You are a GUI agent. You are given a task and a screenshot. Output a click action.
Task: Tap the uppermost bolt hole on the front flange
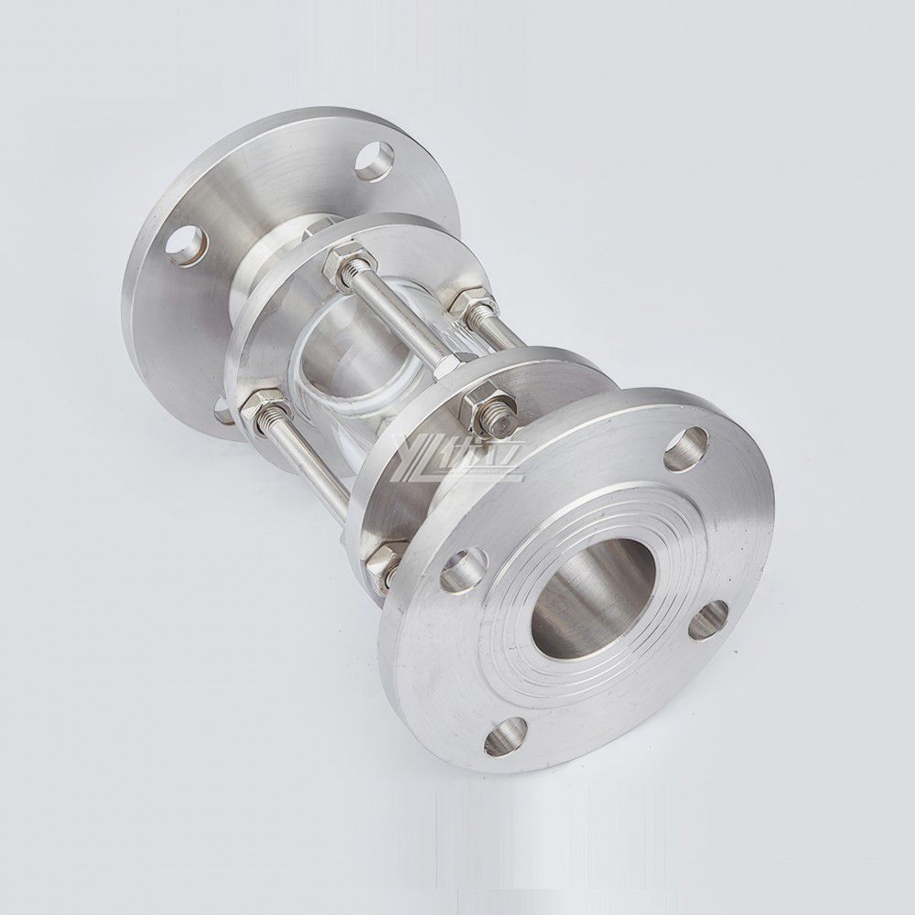pos(685,449)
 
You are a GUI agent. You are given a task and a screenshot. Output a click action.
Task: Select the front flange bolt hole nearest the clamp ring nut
pos(463,569)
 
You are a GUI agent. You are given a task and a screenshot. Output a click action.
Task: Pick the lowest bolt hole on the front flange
pos(505,736)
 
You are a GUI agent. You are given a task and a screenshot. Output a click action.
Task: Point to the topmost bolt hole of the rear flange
pos(374,161)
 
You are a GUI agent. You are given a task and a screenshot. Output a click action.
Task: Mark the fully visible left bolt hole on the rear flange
pos(187,244)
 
